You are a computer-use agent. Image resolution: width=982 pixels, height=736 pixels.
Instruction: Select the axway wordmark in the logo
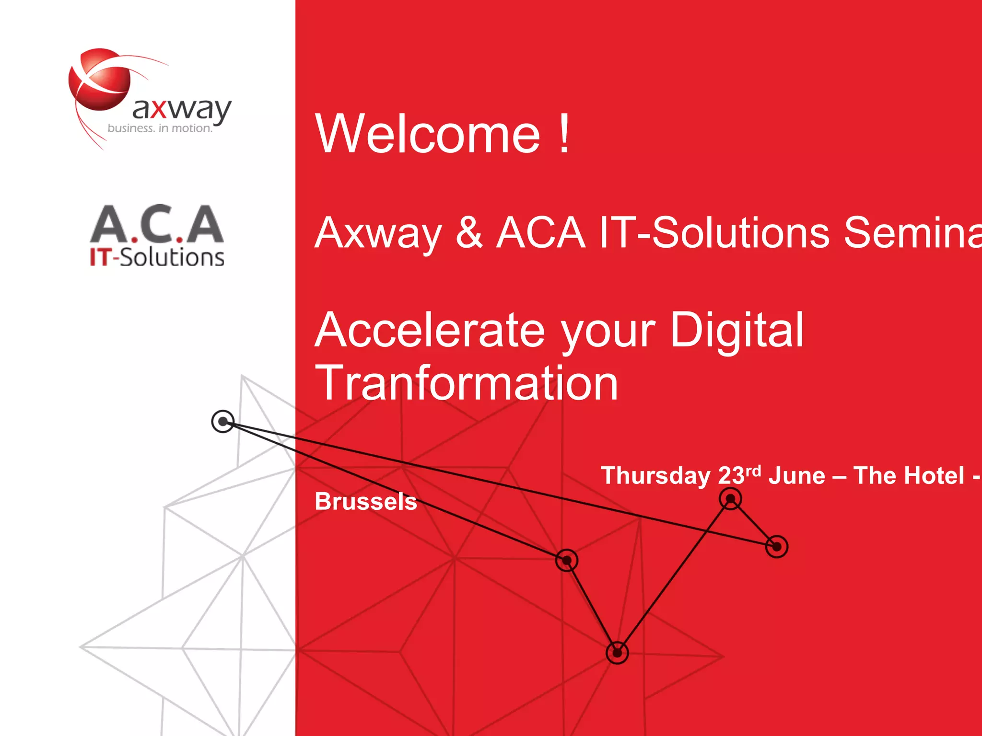(182, 109)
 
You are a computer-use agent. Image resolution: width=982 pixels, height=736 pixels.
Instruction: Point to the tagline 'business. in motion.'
(160, 128)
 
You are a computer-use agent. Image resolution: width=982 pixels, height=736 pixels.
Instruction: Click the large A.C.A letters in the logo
(157, 224)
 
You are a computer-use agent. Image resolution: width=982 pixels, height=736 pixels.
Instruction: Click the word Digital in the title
(736, 330)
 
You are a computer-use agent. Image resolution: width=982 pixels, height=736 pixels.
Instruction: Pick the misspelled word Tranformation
(466, 383)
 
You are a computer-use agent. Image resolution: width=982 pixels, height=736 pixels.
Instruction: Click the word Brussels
(365, 502)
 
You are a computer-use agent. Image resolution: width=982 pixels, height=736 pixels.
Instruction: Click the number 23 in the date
(731, 476)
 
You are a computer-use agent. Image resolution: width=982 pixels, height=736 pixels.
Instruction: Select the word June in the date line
(797, 476)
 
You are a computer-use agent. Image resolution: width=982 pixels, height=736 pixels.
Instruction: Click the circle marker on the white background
(223, 422)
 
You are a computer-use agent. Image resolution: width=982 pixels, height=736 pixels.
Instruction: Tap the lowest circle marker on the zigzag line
(617, 653)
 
